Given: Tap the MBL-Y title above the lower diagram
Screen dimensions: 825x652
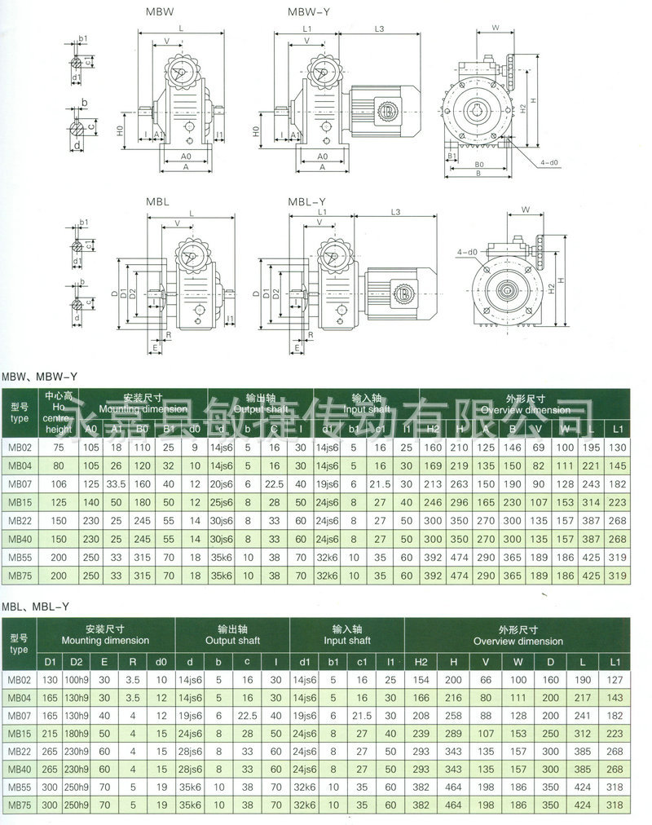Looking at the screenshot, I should tap(306, 201).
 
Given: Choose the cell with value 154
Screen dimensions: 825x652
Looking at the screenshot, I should tap(421, 680).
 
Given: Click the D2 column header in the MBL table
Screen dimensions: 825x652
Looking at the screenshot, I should tap(76, 660).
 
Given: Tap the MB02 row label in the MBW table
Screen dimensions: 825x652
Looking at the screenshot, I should tap(19, 447).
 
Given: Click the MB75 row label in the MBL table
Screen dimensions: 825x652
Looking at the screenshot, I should tap(19, 804).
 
